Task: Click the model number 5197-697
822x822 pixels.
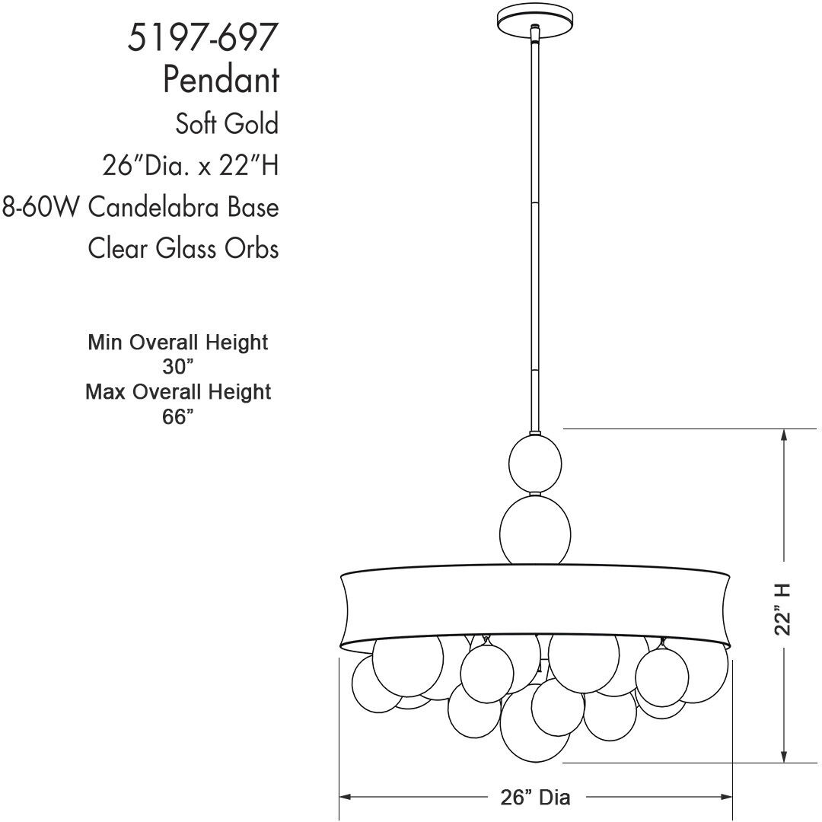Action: click(x=199, y=37)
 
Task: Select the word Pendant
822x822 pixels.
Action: click(x=221, y=79)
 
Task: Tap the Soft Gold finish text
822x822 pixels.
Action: click(x=226, y=123)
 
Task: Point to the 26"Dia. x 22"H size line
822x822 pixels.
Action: click(x=190, y=164)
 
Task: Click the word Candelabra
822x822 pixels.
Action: click(x=166, y=206)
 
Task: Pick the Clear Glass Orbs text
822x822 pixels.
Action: click(x=183, y=248)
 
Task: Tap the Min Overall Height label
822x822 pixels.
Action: click(x=178, y=342)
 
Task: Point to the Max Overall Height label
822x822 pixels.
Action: click(x=178, y=392)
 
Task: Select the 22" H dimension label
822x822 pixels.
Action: click(x=784, y=608)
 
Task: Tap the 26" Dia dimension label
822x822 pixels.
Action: click(x=535, y=797)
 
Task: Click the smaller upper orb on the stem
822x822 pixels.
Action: click(x=535, y=464)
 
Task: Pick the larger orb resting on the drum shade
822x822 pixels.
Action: click(x=534, y=530)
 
